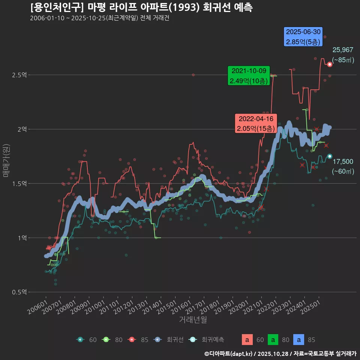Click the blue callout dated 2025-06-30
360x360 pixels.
click(x=303, y=37)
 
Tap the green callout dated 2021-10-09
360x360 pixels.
click(x=249, y=76)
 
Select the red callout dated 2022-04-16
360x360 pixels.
click(x=256, y=123)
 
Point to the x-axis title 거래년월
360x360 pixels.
click(x=193, y=319)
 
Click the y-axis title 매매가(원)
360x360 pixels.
click(x=6, y=160)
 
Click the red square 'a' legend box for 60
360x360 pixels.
click(x=246, y=340)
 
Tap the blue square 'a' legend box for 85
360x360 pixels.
click(x=298, y=340)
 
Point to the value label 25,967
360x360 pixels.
click(x=343, y=50)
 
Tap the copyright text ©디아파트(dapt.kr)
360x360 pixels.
click(x=229, y=354)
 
